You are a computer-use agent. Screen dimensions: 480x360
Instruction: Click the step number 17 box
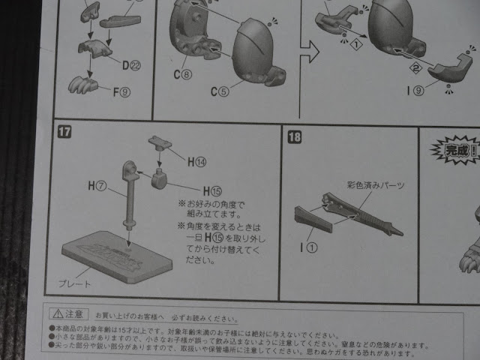click(x=64, y=133)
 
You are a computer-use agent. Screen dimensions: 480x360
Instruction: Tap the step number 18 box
click(x=293, y=136)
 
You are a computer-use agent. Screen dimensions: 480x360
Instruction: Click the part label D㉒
click(x=130, y=65)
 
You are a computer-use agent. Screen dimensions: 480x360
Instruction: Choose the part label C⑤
click(x=220, y=91)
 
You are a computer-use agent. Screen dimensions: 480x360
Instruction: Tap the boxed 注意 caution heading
click(x=68, y=313)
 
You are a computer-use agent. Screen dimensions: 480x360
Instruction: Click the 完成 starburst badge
click(x=454, y=148)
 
